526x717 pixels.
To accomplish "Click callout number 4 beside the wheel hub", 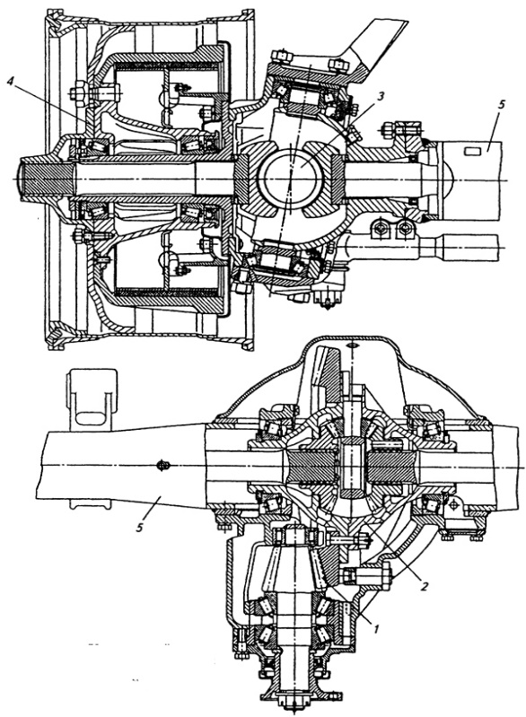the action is pos(11,81).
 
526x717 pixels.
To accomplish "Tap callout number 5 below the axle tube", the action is pos(140,528).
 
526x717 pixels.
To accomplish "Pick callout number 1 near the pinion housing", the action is pos(375,629).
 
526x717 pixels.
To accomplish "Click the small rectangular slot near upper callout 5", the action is pos(471,151).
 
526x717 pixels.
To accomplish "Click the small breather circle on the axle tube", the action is pos(163,466).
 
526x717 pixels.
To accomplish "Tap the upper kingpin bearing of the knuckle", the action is pos(303,98).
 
